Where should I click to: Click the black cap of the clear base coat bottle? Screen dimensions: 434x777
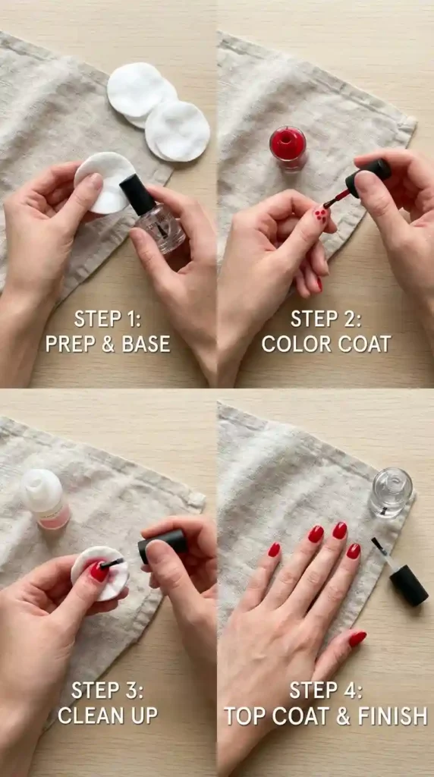pyautogui.click(x=137, y=195)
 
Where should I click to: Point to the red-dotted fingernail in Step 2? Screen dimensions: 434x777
pyautogui.click(x=320, y=215)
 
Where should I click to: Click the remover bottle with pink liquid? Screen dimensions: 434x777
pyautogui.click(x=45, y=498)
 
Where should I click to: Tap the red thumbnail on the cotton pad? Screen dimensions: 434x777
pyautogui.click(x=99, y=571)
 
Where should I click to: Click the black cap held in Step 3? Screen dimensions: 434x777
pyautogui.click(x=162, y=546)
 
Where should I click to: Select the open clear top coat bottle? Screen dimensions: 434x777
pyautogui.click(x=391, y=492)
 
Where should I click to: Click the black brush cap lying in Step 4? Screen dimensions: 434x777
pyautogui.click(x=409, y=585)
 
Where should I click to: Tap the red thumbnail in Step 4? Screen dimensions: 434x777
pyautogui.click(x=357, y=639)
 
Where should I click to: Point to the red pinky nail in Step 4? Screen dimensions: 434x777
pyautogui.click(x=274, y=549)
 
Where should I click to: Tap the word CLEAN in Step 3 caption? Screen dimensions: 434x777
pyautogui.click(x=90, y=716)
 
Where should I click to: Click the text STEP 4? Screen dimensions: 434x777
pyautogui.click(x=325, y=690)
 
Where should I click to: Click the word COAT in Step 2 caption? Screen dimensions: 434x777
pyautogui.click(x=363, y=344)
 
